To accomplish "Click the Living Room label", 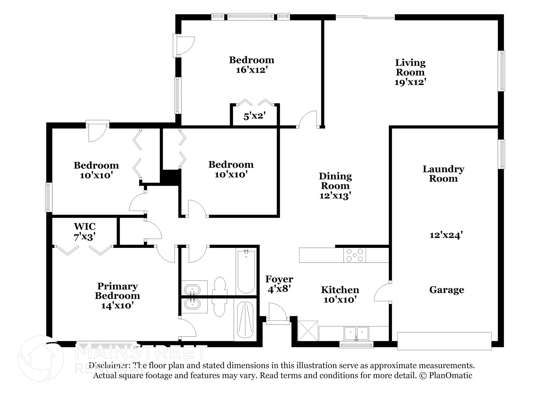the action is pos(410,68).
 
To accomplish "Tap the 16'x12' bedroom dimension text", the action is pos(252,70).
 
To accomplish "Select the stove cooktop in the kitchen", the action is pos(355,255).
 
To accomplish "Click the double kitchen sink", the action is pos(356,333).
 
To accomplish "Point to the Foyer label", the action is pos(279,279).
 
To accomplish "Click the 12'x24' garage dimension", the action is pos(446,235).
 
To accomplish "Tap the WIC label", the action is pos(85,226).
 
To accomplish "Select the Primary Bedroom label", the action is pos(117,291).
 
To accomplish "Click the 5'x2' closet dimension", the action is pos(254,116).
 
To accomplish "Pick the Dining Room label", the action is pos(335,181).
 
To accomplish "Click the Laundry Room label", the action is pos(443,174).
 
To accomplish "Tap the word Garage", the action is pos(447,290).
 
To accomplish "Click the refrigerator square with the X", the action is pos(308,331).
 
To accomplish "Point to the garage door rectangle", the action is pos(444,341).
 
